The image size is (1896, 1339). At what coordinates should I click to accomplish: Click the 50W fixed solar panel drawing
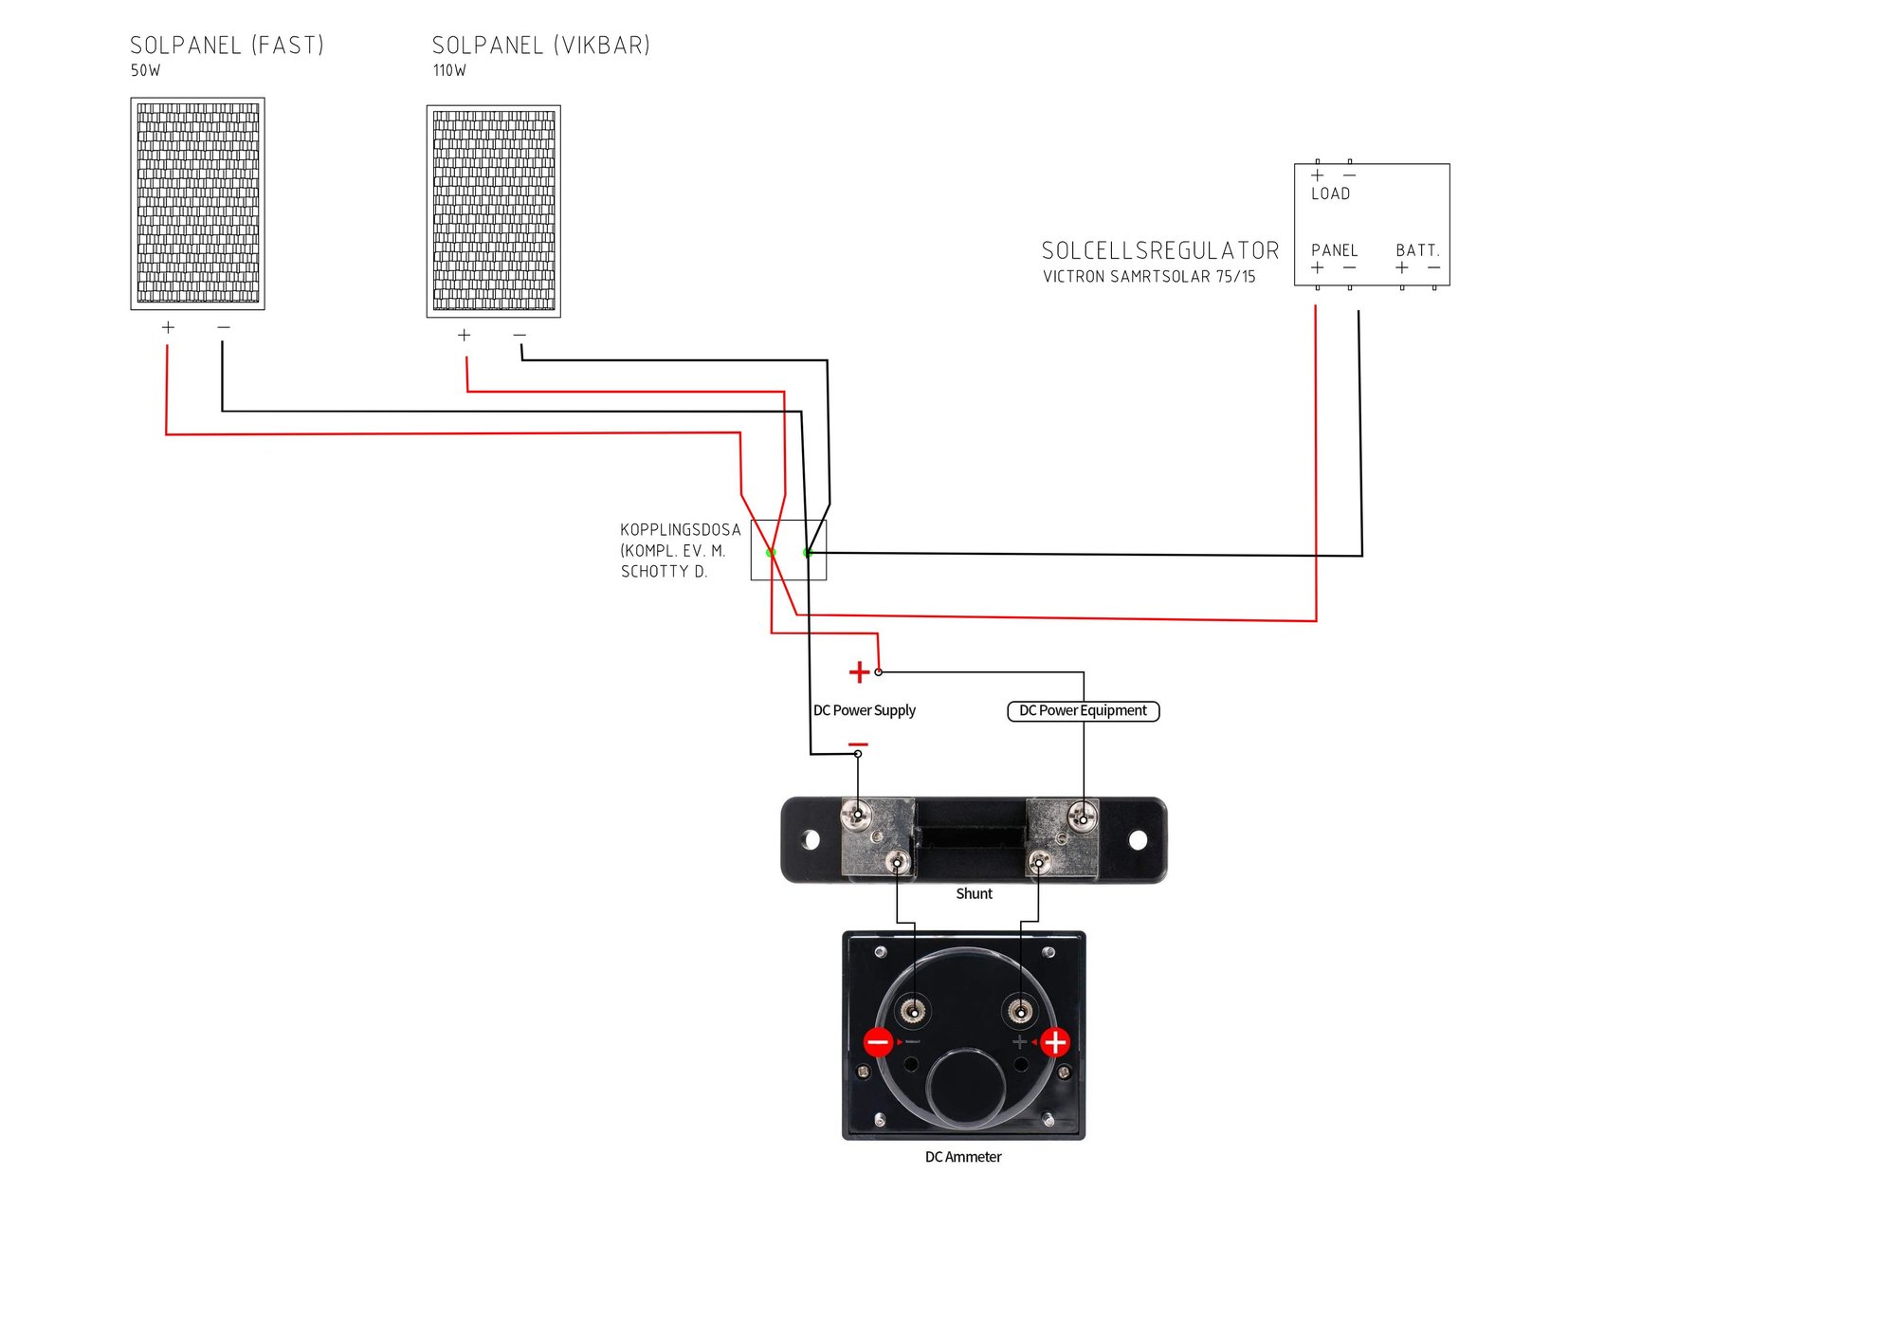point(197,204)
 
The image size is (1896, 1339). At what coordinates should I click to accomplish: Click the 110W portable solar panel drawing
point(494,211)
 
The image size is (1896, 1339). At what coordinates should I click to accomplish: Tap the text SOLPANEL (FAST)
point(228,46)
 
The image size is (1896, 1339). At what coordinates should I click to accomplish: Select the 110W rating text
point(449,70)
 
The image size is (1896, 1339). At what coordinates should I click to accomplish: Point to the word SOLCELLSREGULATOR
point(1160,250)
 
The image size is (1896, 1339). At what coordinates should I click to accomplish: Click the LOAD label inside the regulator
point(1330,193)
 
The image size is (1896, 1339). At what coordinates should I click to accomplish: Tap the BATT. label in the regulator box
point(1417,250)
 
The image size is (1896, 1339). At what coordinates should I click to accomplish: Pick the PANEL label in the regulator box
point(1335,250)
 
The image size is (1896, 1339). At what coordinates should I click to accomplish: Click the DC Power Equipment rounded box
point(1083,711)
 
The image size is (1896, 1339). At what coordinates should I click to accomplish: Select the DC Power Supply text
point(865,710)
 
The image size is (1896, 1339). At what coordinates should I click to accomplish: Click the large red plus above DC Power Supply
point(859,672)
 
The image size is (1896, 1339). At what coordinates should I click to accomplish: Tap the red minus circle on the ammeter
point(878,1043)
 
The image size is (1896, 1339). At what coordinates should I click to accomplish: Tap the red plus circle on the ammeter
point(1055,1042)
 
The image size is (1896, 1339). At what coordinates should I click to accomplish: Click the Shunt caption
point(974,893)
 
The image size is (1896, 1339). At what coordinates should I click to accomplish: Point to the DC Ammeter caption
point(963,1157)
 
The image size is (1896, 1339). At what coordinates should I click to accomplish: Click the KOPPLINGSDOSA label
point(681,530)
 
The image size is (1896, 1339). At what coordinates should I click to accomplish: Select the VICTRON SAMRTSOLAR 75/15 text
point(1149,277)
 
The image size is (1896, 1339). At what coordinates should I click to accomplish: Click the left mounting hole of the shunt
point(811,839)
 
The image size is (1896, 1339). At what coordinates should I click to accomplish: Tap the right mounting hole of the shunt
point(1138,839)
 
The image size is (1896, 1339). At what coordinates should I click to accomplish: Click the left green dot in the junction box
point(771,552)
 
